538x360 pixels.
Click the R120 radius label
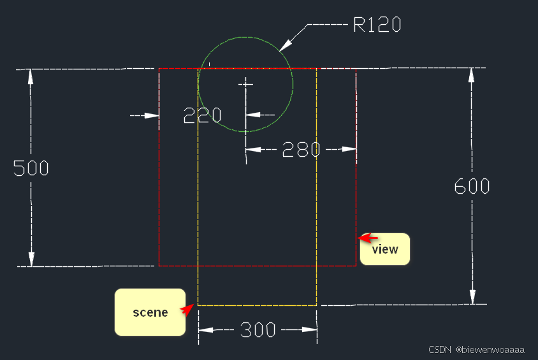[x=377, y=25]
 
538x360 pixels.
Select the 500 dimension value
[x=31, y=168]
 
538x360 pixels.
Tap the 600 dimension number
[x=472, y=186]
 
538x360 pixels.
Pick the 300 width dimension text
[x=258, y=330]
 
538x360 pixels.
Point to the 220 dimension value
[x=202, y=115]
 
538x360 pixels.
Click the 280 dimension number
[x=301, y=149]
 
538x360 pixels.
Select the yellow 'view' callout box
[x=384, y=249]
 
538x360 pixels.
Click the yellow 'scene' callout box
[x=150, y=312]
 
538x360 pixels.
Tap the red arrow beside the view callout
[x=365, y=238]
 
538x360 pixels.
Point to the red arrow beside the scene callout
[x=186, y=309]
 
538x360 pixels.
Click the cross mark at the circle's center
[x=245, y=83]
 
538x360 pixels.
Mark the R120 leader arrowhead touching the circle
[x=285, y=45]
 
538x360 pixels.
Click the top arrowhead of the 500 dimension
[x=31, y=75]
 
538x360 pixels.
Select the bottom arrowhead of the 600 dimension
[x=472, y=297]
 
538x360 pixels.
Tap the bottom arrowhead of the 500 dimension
[x=31, y=259]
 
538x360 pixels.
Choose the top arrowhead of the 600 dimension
[x=472, y=75]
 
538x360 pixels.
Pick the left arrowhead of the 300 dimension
[x=206, y=330]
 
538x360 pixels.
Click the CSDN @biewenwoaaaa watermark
[x=476, y=350]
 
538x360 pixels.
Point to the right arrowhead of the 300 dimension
[x=310, y=330]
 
